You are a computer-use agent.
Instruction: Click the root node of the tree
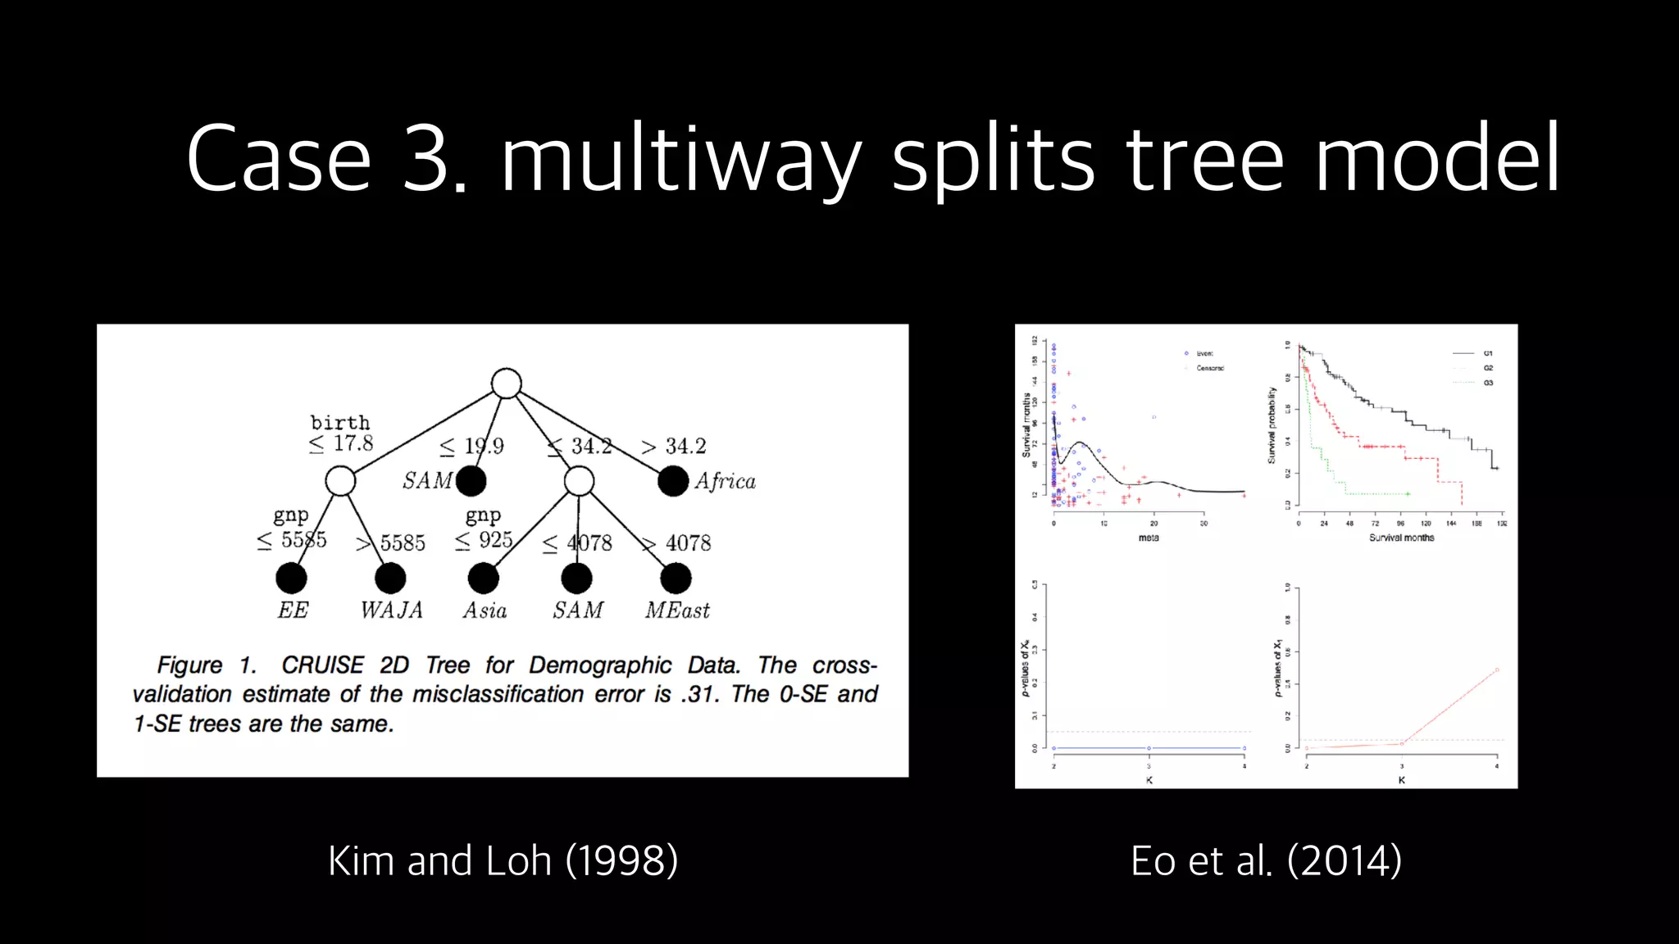[x=507, y=383]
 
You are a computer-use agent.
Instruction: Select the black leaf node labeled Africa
[x=673, y=481]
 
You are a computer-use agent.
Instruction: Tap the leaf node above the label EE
[x=291, y=579]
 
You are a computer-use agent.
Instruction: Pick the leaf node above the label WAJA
[x=390, y=579]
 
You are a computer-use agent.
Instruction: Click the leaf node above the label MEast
[x=676, y=579]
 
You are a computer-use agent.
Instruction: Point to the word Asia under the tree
[x=485, y=610]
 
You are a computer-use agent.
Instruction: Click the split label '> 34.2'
[x=673, y=447]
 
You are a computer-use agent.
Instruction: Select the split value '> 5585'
[x=391, y=543]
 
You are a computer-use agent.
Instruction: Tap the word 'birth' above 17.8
[x=340, y=423]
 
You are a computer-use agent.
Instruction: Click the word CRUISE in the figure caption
[x=322, y=665]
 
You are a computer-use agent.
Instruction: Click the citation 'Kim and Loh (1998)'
[x=503, y=860]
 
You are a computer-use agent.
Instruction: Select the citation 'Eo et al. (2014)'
[x=1266, y=860]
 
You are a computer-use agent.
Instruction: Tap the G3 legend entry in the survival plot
[x=1488, y=383]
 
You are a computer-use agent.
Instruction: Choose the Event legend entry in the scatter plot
[x=1204, y=353]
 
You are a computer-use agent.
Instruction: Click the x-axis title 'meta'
[x=1149, y=538]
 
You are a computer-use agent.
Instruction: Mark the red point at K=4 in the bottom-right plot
[x=1497, y=670]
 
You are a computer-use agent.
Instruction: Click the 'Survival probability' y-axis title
[x=1272, y=426]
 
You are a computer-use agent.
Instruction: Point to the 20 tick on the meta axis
[x=1153, y=524]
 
